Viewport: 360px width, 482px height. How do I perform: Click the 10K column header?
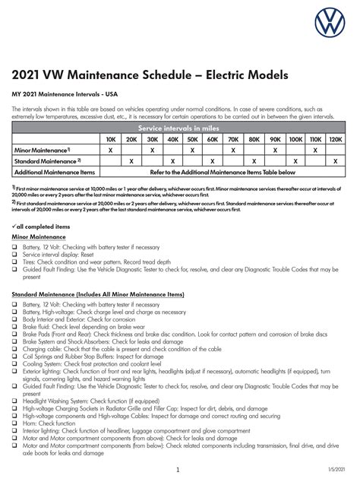pyautogui.click(x=111, y=140)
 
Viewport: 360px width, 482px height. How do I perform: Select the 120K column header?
pyautogui.click(x=336, y=140)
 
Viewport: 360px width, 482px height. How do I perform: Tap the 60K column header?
pyautogui.click(x=212, y=140)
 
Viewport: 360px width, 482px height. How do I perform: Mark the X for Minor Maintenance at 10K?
pyautogui.click(x=111, y=151)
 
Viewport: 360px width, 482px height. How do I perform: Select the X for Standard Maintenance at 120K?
pyautogui.click(x=336, y=161)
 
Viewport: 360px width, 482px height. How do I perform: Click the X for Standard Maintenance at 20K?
pyautogui.click(x=131, y=161)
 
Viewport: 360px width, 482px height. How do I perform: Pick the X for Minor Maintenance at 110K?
pyautogui.click(x=315, y=151)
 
